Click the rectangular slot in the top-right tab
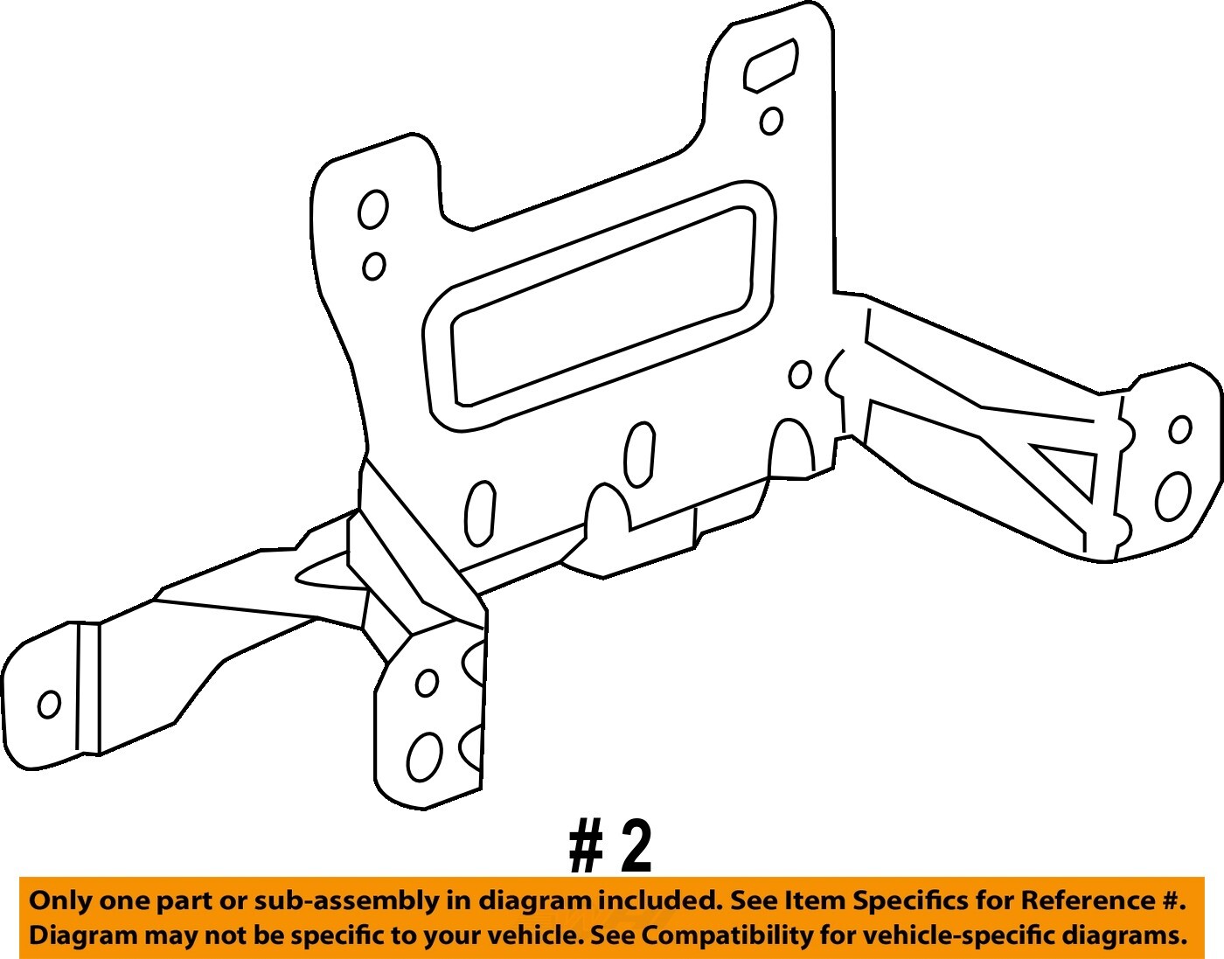coord(770,65)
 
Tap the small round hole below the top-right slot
coord(771,121)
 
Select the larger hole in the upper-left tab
coord(373,210)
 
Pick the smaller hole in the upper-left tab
coord(374,266)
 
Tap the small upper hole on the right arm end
coord(1180,429)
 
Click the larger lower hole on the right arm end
coord(1172,497)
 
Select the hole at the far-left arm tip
coord(49,704)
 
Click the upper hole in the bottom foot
coord(427,682)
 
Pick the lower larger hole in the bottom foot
coord(424,755)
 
